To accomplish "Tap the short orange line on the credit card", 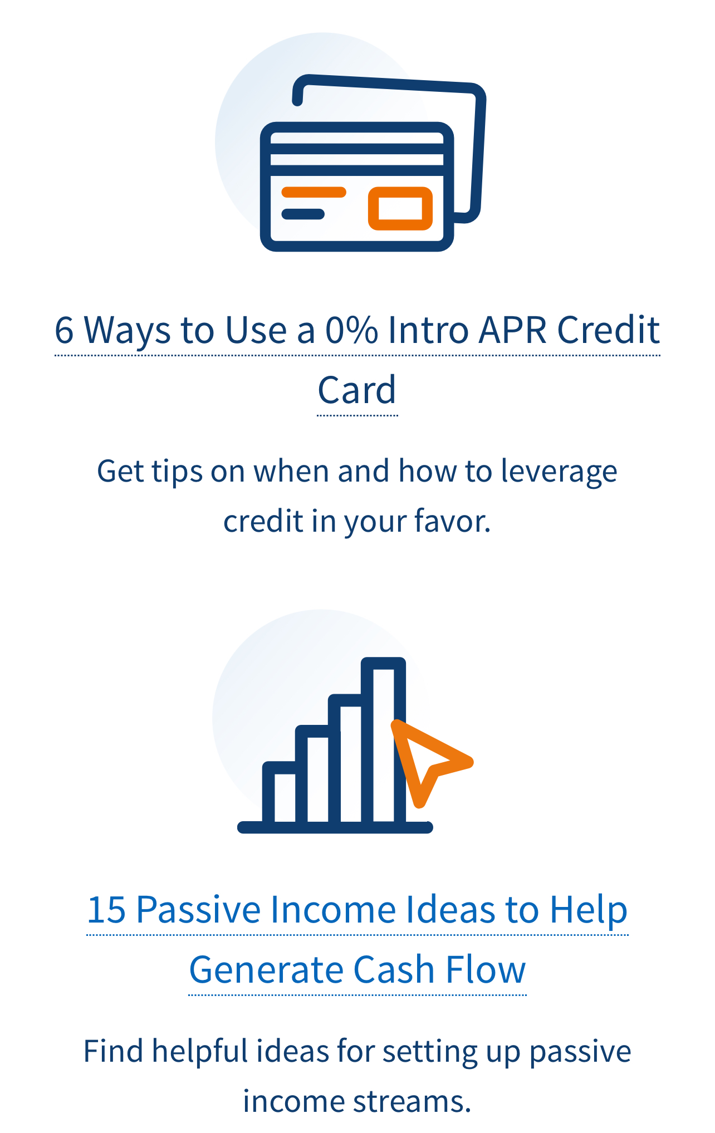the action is tap(314, 193).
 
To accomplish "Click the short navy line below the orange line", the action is tap(303, 214).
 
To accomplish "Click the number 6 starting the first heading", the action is tap(64, 330).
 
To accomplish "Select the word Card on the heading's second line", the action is tap(357, 390).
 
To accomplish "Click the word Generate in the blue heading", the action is tap(266, 970).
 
